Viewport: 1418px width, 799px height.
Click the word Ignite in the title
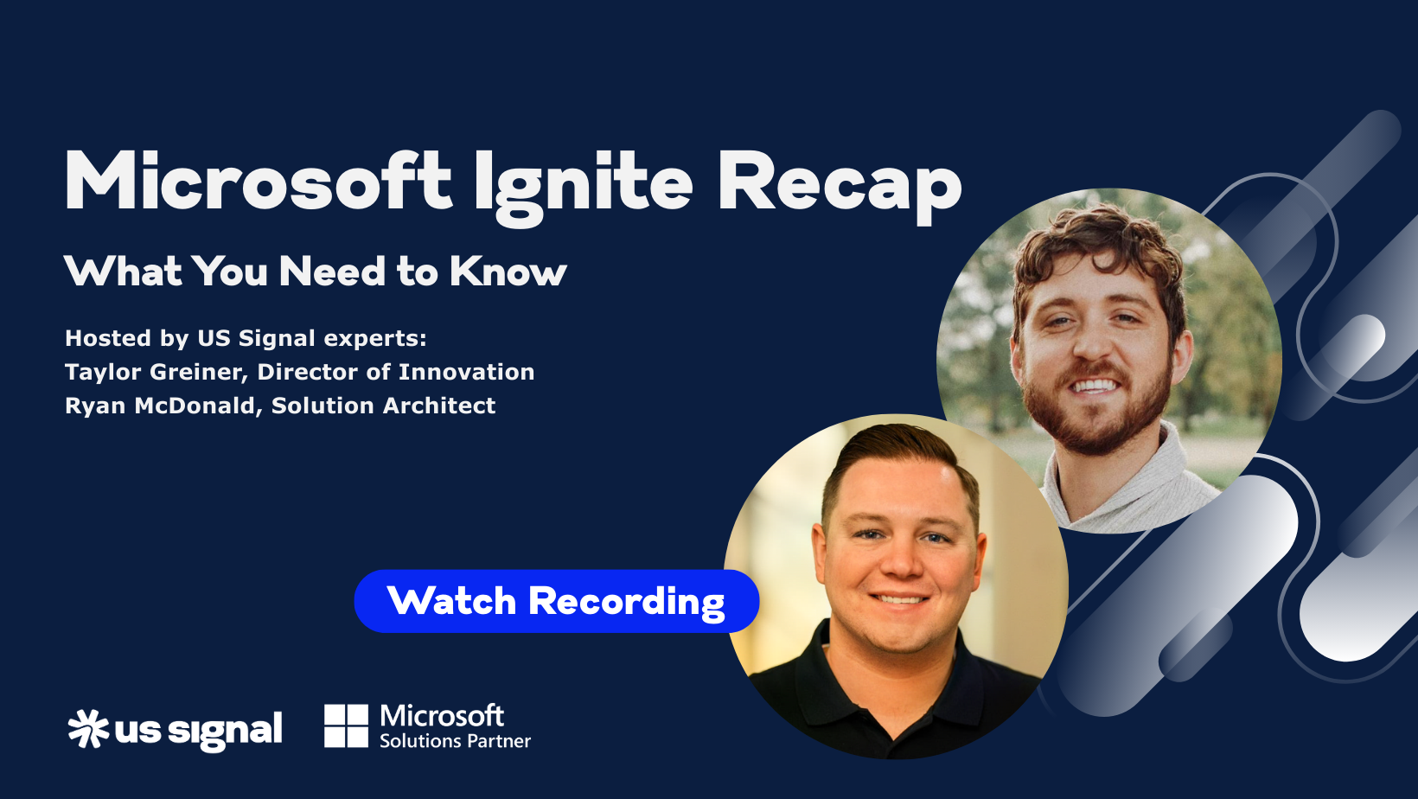click(584, 183)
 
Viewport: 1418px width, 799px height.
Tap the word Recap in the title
click(839, 183)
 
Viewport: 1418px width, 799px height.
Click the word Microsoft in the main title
click(259, 182)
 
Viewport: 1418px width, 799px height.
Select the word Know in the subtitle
click(508, 272)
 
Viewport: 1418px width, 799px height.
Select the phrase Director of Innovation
click(396, 372)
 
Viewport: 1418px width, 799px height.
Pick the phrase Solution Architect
click(383, 406)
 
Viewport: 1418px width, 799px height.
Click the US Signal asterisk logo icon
click(88, 728)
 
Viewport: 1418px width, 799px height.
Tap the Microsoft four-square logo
click(346, 725)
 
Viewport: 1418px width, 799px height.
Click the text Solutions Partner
click(455, 741)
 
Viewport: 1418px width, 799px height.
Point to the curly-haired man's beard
click(1094, 424)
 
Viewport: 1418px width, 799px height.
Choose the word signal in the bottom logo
click(225, 731)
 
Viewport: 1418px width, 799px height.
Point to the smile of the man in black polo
click(899, 598)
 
